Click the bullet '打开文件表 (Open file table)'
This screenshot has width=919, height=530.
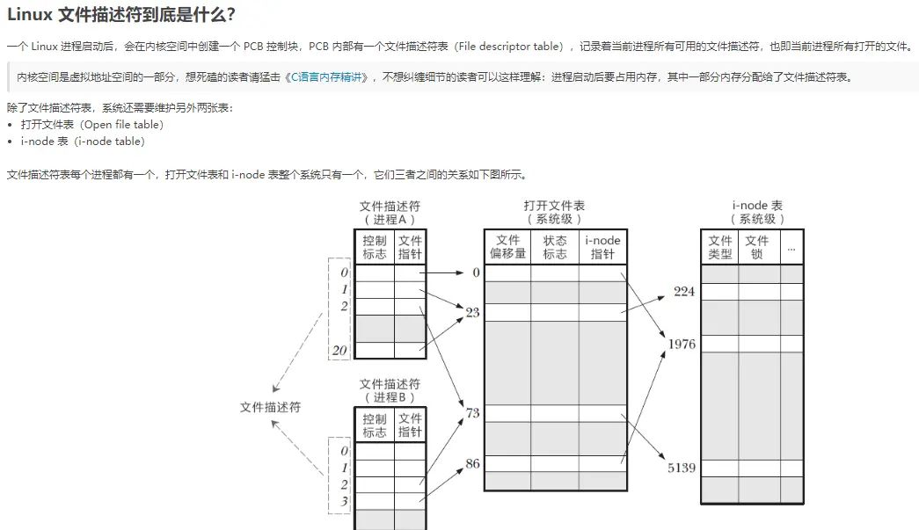[92, 124]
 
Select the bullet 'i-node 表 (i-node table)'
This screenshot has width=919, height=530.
[84, 141]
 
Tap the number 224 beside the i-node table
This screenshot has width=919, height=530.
[684, 291]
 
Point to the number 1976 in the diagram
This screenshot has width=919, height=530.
[682, 344]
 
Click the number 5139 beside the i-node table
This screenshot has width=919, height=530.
[682, 468]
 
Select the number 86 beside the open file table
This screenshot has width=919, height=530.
[473, 463]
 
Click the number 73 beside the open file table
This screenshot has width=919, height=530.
[473, 412]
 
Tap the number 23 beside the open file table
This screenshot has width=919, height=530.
[473, 311]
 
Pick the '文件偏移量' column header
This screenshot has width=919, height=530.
[507, 246]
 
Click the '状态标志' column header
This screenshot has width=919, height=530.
[555, 246]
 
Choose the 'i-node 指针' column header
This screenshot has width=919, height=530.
[602, 246]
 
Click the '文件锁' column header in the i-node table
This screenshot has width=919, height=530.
[757, 247]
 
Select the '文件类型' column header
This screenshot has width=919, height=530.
[720, 247]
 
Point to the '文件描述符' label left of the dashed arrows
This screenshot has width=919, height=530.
[271, 407]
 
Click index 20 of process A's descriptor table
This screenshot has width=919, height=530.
[340, 350]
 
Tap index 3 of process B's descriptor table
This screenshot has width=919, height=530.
[345, 501]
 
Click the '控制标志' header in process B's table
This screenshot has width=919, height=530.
[375, 425]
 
